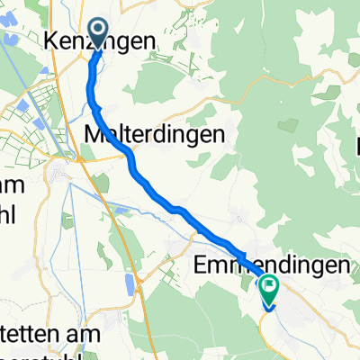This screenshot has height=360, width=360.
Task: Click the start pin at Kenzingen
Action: coord(97,35)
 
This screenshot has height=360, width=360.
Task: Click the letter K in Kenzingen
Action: coord(50,40)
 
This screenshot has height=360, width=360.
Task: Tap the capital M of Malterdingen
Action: coord(93,132)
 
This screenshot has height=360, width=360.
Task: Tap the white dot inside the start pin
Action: coord(97,30)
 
